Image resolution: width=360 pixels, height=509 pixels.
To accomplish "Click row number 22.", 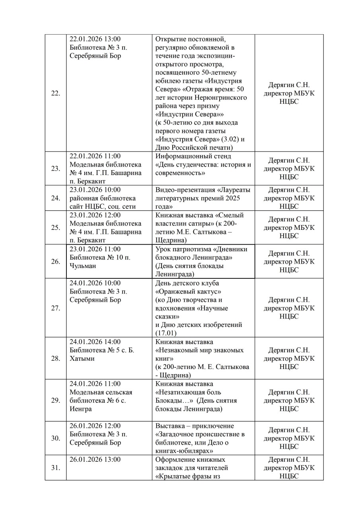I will tap(56, 93).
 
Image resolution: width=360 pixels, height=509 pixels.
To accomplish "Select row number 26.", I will tap(56, 262).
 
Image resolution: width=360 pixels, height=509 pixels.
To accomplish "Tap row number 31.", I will tap(56, 468).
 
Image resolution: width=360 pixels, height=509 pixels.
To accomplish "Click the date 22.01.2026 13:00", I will tap(95, 39).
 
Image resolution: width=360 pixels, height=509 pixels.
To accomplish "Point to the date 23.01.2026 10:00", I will tap(95, 190).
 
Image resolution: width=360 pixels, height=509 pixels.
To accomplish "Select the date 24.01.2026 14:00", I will tap(95, 342).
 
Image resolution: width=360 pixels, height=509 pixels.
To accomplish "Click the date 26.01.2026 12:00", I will tap(95, 426).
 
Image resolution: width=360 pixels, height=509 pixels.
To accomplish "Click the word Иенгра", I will tap(81, 409).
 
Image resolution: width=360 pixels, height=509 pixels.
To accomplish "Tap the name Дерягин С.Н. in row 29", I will tap(289, 392).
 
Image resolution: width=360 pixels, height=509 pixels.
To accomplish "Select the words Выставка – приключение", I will tap(195, 426).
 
